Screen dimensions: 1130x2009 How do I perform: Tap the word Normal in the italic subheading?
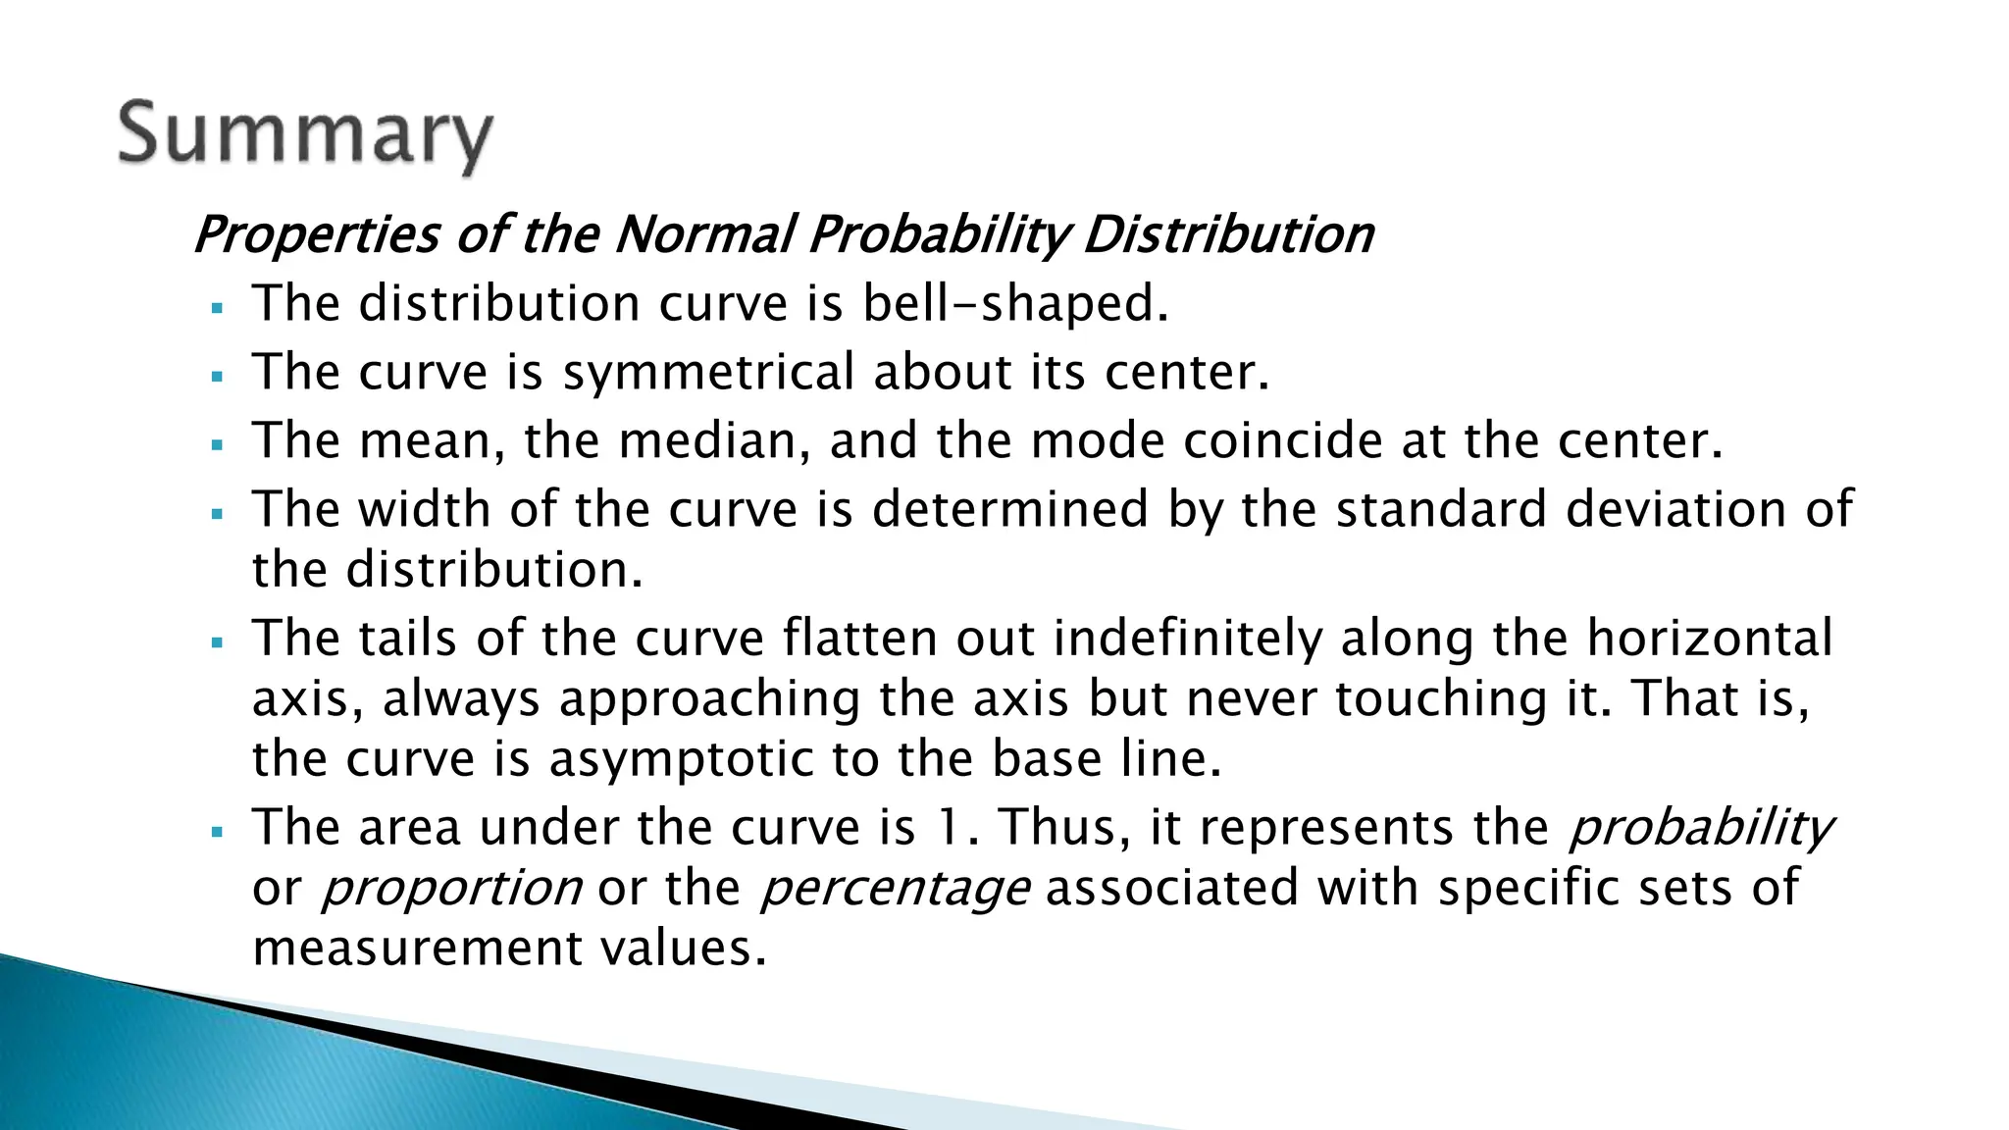pyautogui.click(x=703, y=235)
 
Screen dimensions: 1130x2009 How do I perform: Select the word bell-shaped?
pyautogui.click(x=1014, y=303)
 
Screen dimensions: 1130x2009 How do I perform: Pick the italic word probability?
pyautogui.click(x=1701, y=829)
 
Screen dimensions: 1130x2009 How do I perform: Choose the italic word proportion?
pyautogui.click(x=452, y=889)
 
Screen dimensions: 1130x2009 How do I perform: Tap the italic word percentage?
pyautogui.click(x=895, y=889)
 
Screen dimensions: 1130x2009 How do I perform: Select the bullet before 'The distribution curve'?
pyautogui.click(x=218, y=308)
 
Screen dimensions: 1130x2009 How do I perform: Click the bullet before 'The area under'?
pyautogui.click(x=218, y=832)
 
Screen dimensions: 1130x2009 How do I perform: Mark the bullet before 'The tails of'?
pyautogui.click(x=218, y=643)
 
